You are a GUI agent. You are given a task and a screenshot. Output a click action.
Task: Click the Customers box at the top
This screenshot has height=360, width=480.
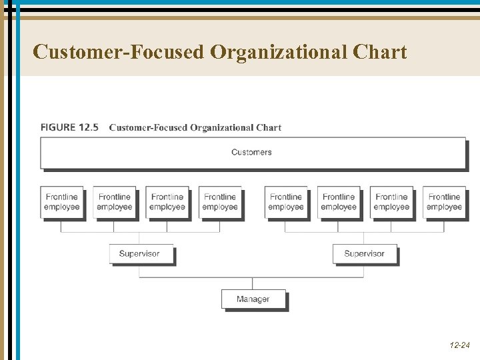click(252, 153)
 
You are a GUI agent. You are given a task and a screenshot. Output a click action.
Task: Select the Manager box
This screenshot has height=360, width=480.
click(253, 299)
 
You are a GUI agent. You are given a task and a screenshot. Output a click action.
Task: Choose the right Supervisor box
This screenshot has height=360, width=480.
click(364, 254)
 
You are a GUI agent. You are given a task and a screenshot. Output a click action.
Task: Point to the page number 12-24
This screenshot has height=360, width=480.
click(459, 345)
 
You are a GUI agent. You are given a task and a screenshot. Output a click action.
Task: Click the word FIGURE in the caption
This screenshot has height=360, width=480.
click(57, 127)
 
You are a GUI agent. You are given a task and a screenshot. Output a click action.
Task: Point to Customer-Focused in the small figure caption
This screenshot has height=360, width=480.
click(148, 127)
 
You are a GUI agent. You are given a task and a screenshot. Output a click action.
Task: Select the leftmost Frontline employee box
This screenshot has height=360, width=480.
click(62, 202)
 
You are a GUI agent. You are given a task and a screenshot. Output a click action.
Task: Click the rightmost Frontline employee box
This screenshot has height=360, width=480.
click(444, 202)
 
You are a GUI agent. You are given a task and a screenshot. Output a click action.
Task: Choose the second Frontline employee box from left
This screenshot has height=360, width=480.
click(115, 202)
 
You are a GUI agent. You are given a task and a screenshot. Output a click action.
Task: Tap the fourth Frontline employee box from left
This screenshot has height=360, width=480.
click(220, 202)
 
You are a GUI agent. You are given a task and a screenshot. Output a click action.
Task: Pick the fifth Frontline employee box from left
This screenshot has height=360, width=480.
click(286, 202)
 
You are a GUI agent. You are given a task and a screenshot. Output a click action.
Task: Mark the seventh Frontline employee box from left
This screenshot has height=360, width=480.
click(391, 202)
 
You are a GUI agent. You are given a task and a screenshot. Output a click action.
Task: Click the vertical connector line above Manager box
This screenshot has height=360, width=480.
click(253, 283)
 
